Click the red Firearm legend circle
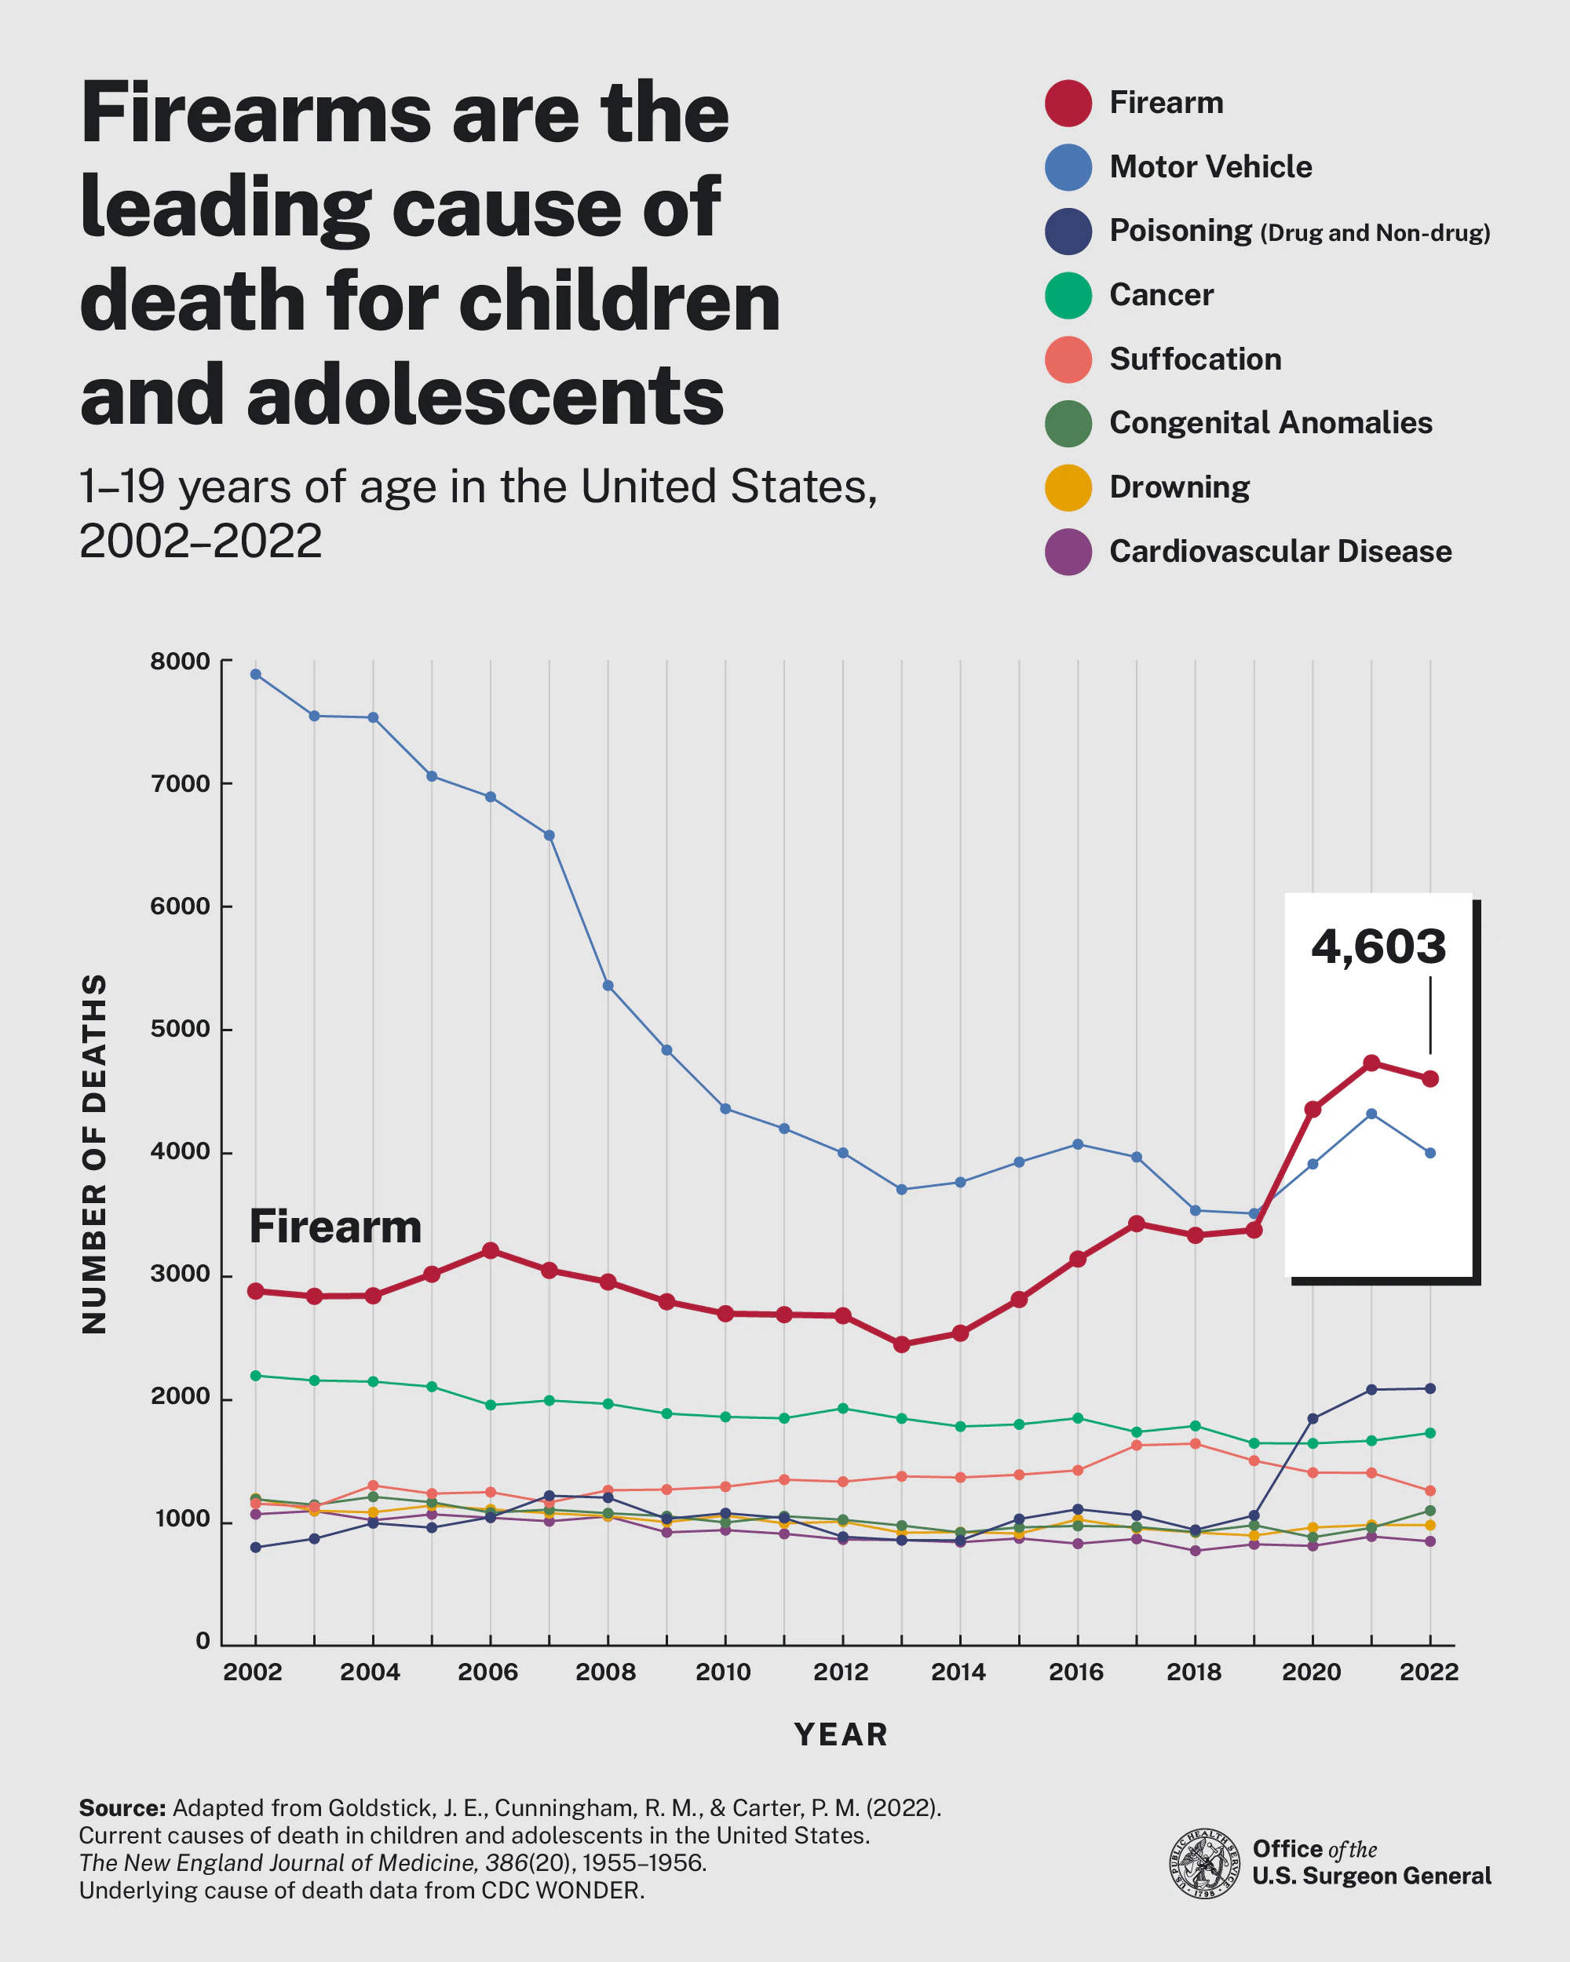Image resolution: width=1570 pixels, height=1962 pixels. click(x=1068, y=103)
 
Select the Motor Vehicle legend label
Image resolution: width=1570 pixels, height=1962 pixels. click(x=1210, y=166)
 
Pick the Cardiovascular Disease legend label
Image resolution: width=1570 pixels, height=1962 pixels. click(x=1280, y=552)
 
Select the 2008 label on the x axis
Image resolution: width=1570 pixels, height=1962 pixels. click(x=605, y=1672)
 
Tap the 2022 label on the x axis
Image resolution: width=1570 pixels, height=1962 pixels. click(x=1428, y=1672)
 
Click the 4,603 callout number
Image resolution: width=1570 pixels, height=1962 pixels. click(x=1378, y=947)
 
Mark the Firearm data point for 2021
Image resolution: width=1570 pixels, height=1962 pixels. click(x=1371, y=1063)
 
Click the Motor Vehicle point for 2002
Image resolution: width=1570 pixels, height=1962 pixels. click(x=256, y=674)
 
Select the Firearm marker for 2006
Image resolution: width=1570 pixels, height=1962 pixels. click(x=491, y=1250)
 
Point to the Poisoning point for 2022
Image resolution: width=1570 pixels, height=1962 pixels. click(x=1429, y=1388)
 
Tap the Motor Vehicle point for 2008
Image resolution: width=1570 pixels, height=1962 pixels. click(x=608, y=986)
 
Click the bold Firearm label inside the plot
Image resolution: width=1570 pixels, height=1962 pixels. click(x=335, y=1227)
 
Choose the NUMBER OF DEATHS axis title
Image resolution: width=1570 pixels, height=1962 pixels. click(x=95, y=1154)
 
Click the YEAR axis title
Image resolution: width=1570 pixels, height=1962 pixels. click(x=841, y=1734)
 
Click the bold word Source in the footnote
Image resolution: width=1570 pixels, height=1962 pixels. click(x=122, y=1807)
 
